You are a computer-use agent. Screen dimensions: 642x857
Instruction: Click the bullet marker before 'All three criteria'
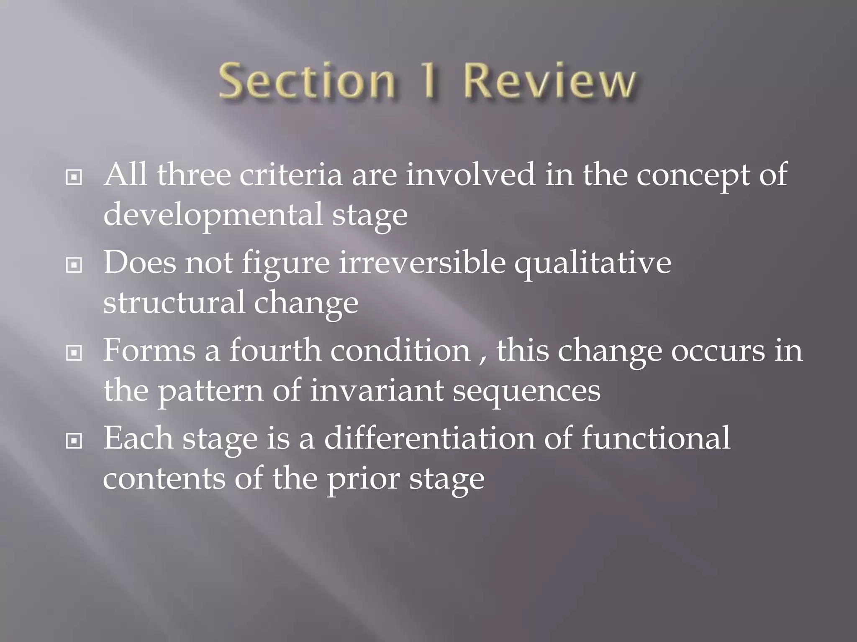tap(74, 178)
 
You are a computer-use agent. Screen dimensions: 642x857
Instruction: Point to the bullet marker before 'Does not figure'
tap(74, 265)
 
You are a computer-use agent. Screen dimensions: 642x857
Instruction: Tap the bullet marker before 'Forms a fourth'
tap(74, 353)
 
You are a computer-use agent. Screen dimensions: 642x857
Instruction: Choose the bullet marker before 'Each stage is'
tap(74, 441)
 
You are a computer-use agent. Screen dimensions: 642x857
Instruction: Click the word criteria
tap(291, 175)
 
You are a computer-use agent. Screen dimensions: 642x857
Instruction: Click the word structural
tap(174, 302)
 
